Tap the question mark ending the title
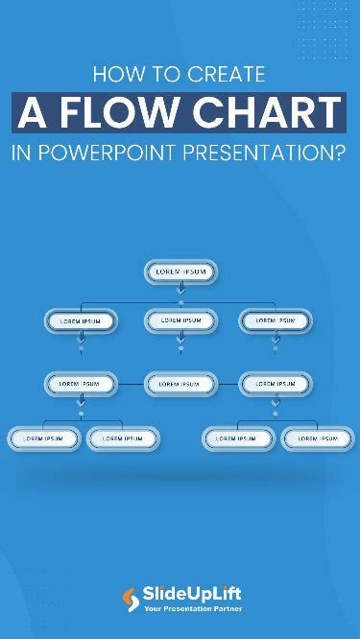[x=339, y=151]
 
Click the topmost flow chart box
[x=180, y=272]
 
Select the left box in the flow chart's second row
[x=82, y=321]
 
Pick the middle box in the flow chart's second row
[x=180, y=321]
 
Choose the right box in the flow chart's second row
[x=276, y=321]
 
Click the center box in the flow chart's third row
[x=180, y=384]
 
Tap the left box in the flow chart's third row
[x=82, y=384]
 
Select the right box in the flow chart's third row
[x=276, y=384]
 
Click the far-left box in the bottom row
[x=44, y=438]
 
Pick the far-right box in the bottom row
[x=316, y=438]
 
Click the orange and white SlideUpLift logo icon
[x=131, y=599]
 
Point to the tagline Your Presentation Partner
[x=192, y=608]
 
